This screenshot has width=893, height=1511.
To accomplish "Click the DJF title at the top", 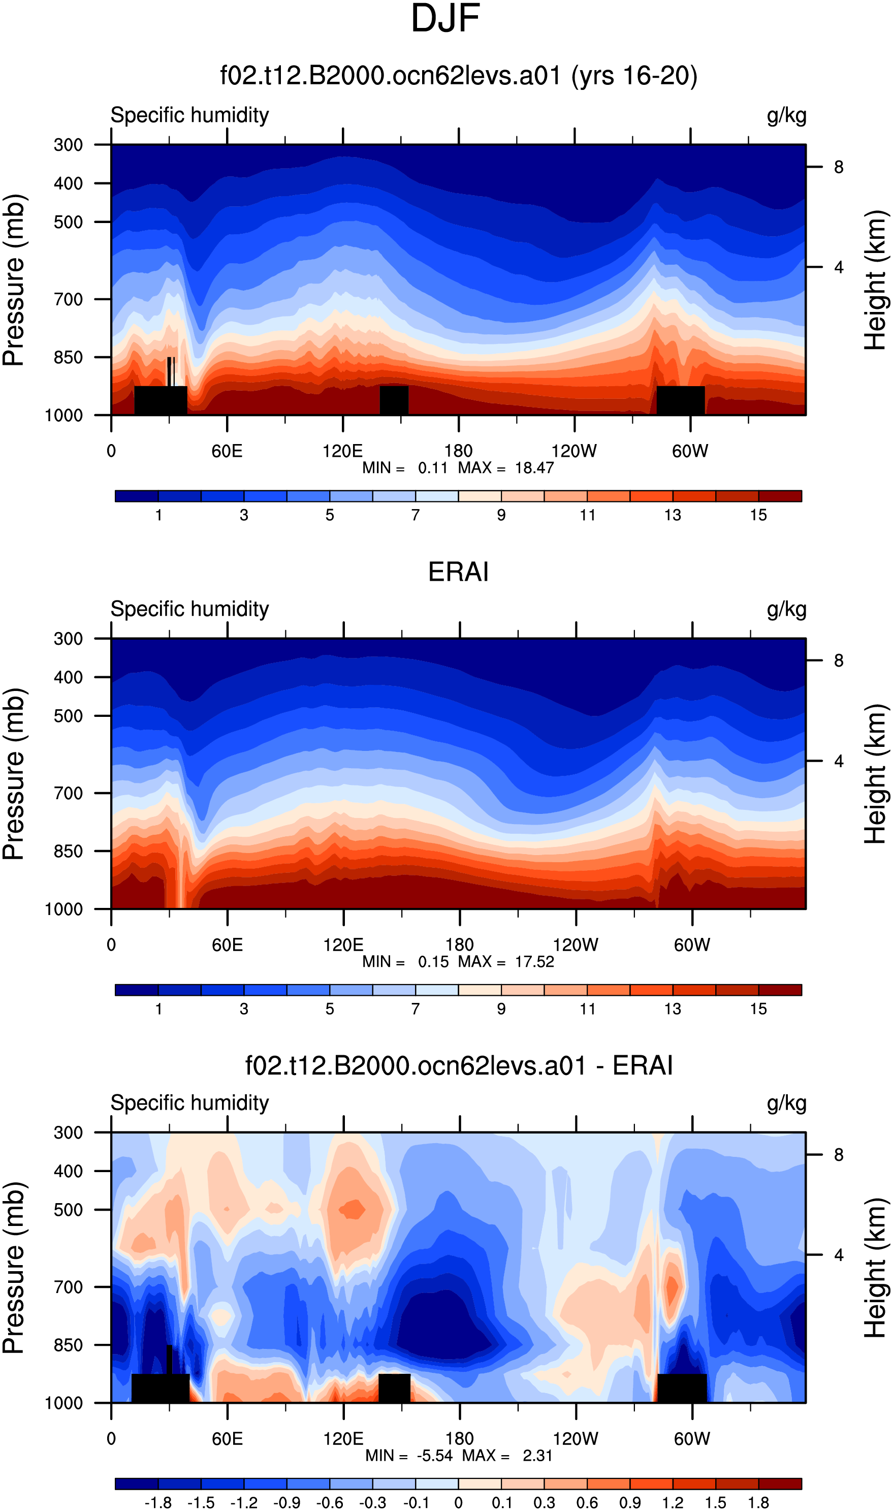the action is tap(445, 19).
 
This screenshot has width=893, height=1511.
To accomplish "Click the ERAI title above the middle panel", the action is tap(458, 572).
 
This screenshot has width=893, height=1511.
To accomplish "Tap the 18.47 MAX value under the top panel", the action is tap(534, 467).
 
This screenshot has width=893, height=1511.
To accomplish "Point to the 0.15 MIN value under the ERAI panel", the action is tap(433, 962).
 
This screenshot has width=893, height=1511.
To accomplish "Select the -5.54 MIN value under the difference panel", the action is tap(434, 1455).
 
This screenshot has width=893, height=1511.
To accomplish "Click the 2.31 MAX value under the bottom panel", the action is tap(537, 1455).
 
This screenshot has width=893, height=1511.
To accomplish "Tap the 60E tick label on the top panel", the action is tap(227, 451).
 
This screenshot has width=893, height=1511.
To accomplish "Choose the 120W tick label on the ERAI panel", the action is tap(576, 945).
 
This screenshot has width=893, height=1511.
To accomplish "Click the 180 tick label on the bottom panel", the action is tap(459, 1439).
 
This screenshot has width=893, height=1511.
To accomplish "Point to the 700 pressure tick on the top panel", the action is tap(68, 299).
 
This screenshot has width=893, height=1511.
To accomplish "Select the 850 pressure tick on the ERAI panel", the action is tap(68, 851).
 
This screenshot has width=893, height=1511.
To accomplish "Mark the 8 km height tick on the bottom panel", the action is tap(838, 1155).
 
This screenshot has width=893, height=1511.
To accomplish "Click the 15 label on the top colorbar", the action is tap(758, 515).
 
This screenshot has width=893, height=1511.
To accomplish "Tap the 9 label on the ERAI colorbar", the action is tap(501, 1009).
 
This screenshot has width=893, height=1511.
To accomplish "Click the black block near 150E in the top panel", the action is tap(394, 400).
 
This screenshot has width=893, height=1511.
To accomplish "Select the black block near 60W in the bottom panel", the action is tap(682, 1388).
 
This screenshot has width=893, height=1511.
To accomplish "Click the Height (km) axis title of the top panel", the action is tap(876, 280).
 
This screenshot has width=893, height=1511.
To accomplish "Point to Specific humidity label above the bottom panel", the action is tap(189, 1103).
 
